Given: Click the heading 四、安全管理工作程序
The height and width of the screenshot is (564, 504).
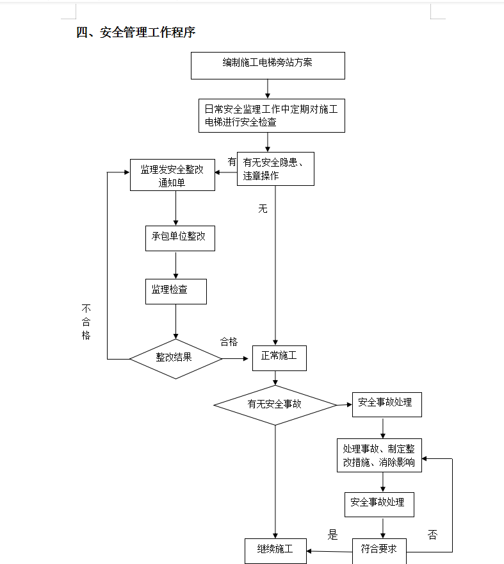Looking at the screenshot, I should tap(136, 33).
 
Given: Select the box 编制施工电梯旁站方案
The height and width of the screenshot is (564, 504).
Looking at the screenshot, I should tap(268, 65).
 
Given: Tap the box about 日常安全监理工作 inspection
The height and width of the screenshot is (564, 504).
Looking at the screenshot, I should tap(272, 115).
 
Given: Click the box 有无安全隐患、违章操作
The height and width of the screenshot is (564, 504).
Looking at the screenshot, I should tap(275, 169).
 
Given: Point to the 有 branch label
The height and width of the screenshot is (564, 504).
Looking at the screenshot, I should tap(232, 162).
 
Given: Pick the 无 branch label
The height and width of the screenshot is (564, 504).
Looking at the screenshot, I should tap(263, 209).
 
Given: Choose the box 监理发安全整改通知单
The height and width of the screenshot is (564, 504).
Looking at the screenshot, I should tap(172, 175).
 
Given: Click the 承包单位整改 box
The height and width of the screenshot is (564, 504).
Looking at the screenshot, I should tap(179, 237).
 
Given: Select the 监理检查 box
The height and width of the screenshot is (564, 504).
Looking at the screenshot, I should tap(175, 291).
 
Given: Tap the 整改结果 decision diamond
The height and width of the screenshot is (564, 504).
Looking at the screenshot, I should tap(175, 358).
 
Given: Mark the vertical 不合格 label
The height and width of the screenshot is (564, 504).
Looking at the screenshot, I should tap(86, 322).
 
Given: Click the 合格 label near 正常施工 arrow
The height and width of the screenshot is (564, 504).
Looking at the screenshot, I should tap(229, 342).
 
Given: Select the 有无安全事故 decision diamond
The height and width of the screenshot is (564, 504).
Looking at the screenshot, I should tap(275, 405).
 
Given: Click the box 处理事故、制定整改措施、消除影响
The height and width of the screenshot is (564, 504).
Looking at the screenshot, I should tap(379, 456).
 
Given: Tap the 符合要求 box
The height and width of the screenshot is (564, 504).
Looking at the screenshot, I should tap(379, 550).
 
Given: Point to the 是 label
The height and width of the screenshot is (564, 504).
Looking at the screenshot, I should tap(332, 535).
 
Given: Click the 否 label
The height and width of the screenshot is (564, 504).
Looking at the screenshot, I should tap(432, 535).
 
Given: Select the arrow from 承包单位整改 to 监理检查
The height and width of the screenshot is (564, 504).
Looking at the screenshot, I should tap(175, 265).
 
